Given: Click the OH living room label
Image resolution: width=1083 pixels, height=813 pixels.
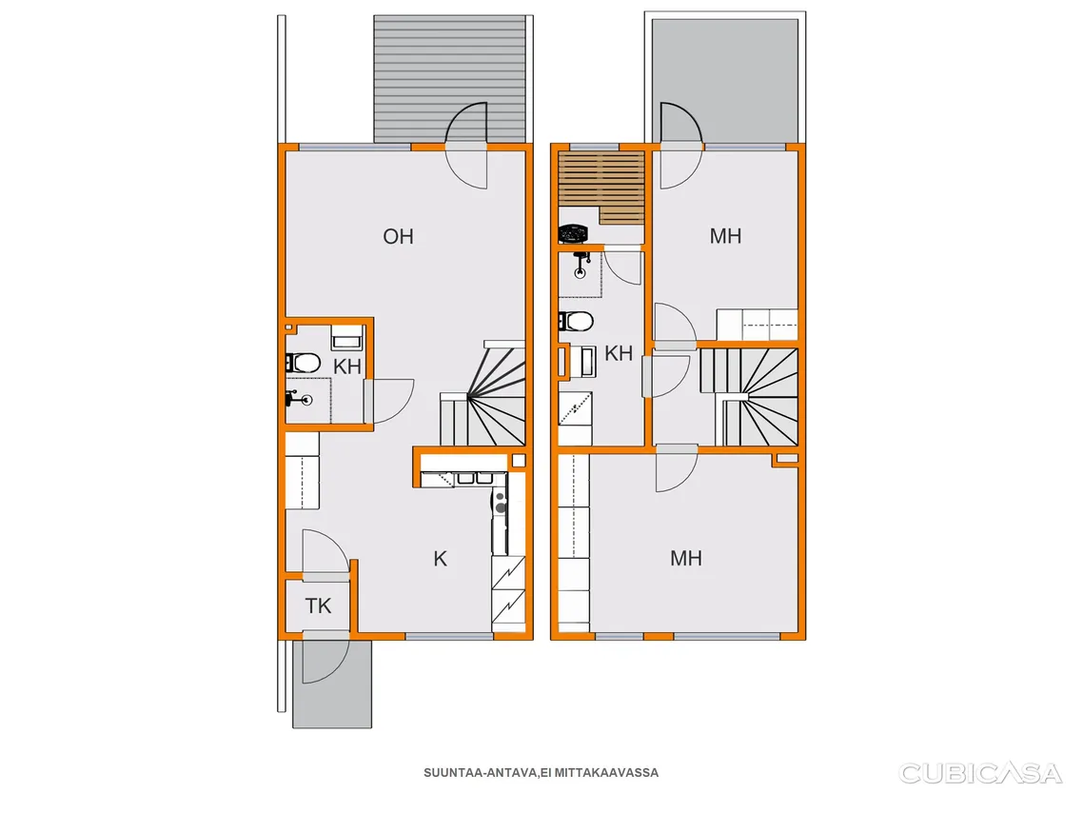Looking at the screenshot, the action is click(398, 236).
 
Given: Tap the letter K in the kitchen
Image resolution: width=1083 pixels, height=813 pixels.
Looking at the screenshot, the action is click(440, 558).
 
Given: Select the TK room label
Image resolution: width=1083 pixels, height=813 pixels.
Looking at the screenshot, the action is click(318, 605).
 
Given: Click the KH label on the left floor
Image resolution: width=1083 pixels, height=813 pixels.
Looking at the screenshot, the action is click(346, 367).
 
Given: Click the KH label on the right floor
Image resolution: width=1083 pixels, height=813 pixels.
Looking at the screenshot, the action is click(619, 353).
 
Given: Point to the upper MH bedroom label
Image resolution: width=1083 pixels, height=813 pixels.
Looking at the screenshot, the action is click(725, 236).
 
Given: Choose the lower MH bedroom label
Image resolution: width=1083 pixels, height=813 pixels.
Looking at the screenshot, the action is click(686, 558).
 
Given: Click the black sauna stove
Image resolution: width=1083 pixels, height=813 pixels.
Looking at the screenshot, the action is click(572, 234).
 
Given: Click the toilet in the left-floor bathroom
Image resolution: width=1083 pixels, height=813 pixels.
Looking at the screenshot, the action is click(303, 363).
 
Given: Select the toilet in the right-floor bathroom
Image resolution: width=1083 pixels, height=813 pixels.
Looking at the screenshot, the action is click(576, 321).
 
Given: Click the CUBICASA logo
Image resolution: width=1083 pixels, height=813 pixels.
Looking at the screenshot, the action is click(979, 773).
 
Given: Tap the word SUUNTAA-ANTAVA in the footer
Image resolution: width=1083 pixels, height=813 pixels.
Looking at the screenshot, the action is click(480, 773).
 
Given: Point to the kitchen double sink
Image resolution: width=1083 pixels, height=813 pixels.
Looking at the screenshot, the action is click(475, 477).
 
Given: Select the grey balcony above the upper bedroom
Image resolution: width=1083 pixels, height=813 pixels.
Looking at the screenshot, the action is click(725, 80).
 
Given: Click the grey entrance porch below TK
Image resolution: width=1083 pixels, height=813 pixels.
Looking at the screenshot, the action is click(332, 684).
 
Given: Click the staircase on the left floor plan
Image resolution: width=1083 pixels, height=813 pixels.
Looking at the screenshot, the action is click(483, 394).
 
